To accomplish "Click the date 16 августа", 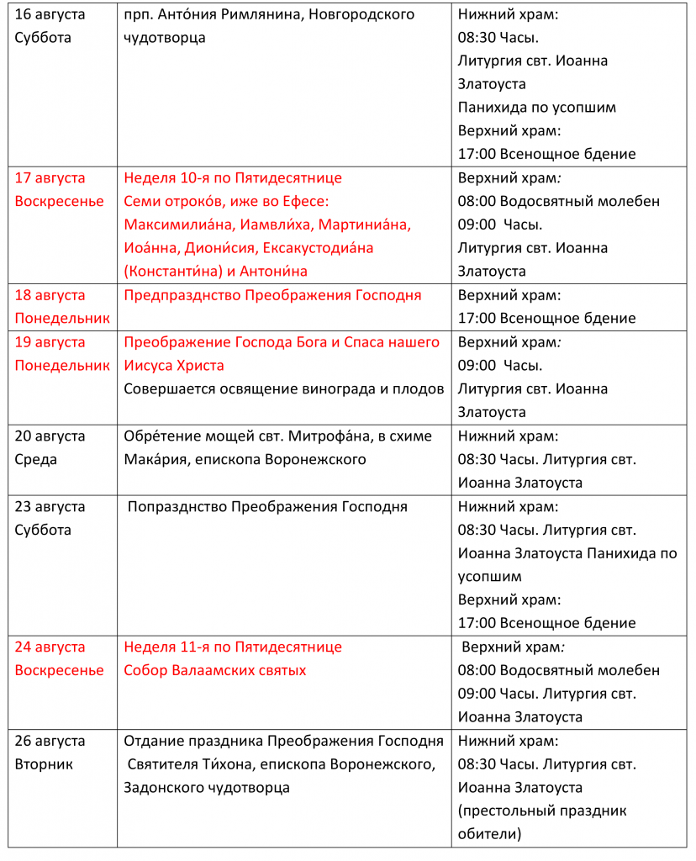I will tap(50, 14).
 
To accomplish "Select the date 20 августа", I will tap(50, 436).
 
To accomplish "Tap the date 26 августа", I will tap(50, 741).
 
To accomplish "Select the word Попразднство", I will tap(177, 506).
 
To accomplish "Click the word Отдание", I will tap(156, 741).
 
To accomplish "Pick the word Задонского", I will tap(163, 788).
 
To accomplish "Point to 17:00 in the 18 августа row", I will tap(477, 319).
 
